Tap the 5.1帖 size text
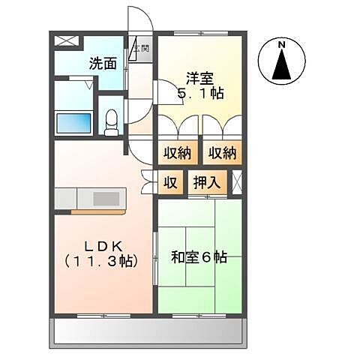(x=201, y=94)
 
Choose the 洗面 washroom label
(x=103, y=64)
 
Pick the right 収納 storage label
(x=222, y=153)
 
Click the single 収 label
(x=170, y=182)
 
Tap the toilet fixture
(x=112, y=121)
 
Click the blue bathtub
(x=73, y=121)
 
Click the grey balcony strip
(x=147, y=330)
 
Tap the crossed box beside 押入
(x=237, y=181)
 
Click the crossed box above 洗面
(x=65, y=42)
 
